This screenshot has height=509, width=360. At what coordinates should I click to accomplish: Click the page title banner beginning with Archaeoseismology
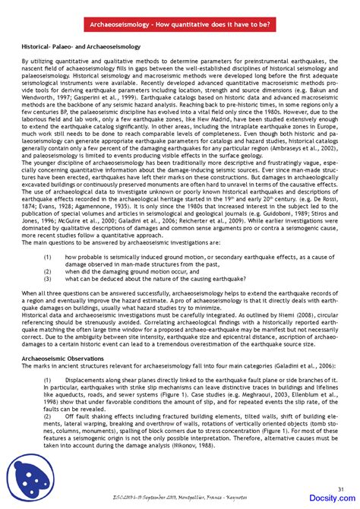tap(180, 24)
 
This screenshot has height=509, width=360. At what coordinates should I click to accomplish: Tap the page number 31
tap(340, 488)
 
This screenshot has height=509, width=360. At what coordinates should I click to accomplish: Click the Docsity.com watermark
tap(327, 499)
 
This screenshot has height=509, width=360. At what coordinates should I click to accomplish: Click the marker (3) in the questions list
tap(48, 279)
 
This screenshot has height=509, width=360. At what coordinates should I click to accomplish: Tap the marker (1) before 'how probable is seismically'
tap(48, 258)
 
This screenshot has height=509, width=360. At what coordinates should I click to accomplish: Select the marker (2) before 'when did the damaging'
tap(48, 271)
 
